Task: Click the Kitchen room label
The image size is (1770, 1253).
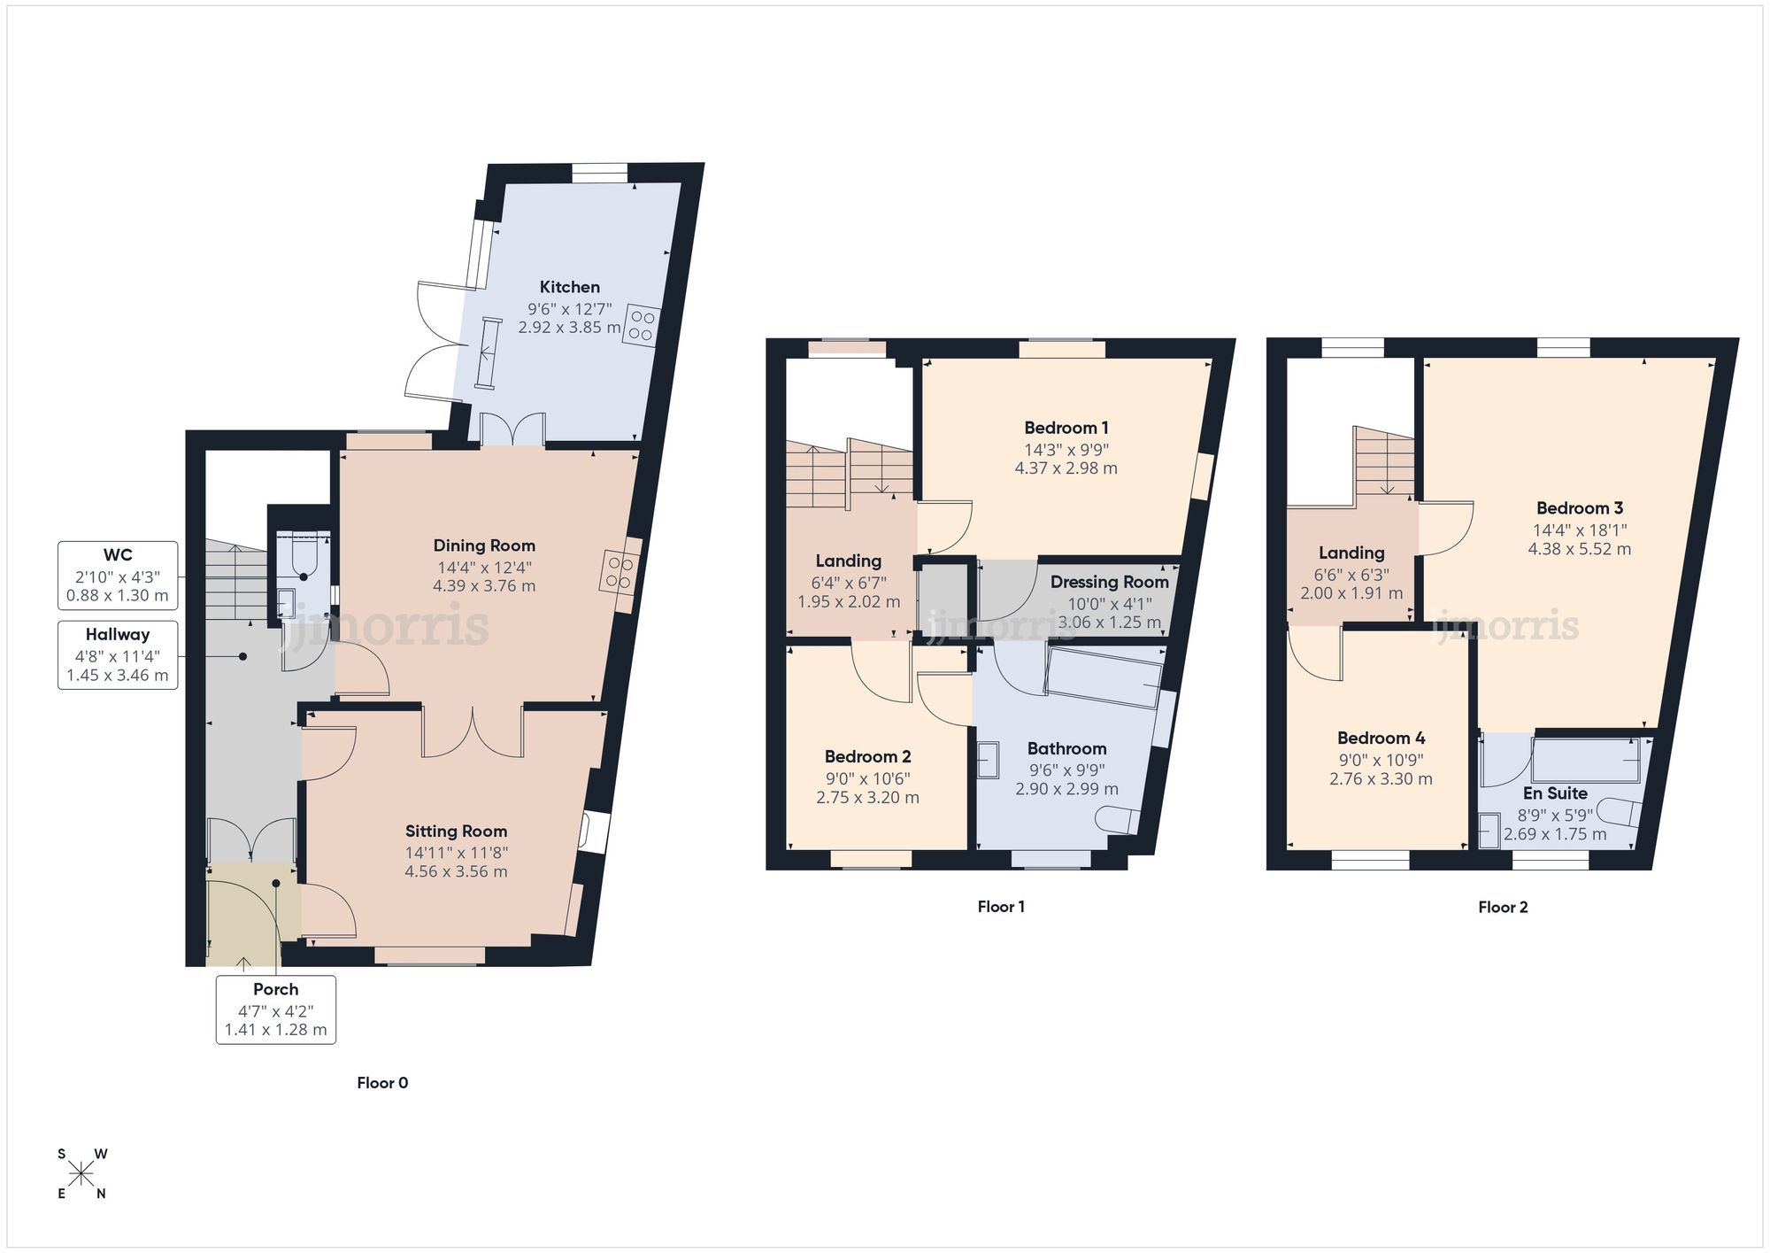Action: tap(570, 287)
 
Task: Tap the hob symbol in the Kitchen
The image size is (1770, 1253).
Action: tap(643, 325)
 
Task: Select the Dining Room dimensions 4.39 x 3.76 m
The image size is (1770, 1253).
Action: tap(484, 586)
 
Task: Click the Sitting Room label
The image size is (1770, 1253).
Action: tap(456, 831)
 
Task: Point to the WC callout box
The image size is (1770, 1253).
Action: tap(118, 576)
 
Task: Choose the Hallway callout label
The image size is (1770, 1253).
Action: tap(118, 635)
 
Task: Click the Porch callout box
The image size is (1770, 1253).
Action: tap(275, 1009)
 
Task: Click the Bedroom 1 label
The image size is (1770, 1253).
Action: tap(1066, 428)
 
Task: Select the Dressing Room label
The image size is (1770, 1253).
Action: tap(1109, 582)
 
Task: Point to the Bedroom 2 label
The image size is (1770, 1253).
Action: tap(867, 757)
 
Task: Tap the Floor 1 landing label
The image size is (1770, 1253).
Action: tap(848, 561)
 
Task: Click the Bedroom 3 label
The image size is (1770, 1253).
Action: tap(1579, 508)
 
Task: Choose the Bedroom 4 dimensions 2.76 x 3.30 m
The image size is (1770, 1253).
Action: tap(1381, 779)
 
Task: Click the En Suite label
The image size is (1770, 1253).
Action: tap(1555, 793)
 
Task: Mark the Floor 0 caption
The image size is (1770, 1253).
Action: tap(382, 1083)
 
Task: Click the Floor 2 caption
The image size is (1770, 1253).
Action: tap(1503, 907)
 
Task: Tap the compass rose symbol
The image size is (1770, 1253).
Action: tap(81, 1174)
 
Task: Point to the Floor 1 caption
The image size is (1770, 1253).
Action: tap(1001, 907)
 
